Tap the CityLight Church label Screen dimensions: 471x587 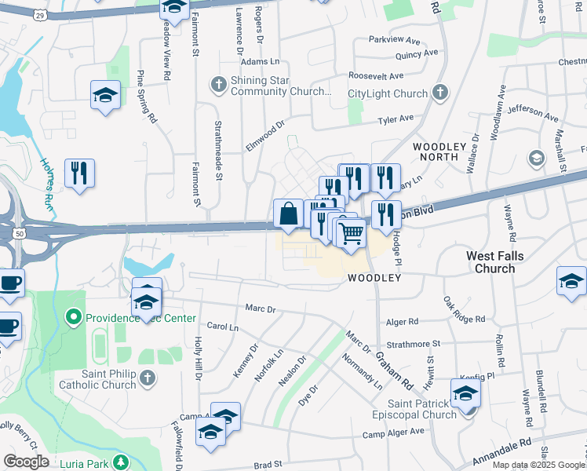[x=388, y=93]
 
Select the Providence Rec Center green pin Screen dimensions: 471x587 [x=74, y=318]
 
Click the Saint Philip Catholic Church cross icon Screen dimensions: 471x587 [x=147, y=380]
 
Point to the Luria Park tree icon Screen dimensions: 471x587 [x=121, y=460]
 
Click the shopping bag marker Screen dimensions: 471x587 [x=289, y=214]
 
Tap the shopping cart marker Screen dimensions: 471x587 [x=352, y=232]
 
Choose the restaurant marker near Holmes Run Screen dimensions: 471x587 [x=79, y=173]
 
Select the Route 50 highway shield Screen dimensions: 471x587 [x=18, y=234]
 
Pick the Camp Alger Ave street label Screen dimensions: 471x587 [x=392, y=432]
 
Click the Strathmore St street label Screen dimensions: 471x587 [x=414, y=343]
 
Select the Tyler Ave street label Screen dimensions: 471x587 [x=396, y=119]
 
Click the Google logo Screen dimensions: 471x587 [x=26, y=462]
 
